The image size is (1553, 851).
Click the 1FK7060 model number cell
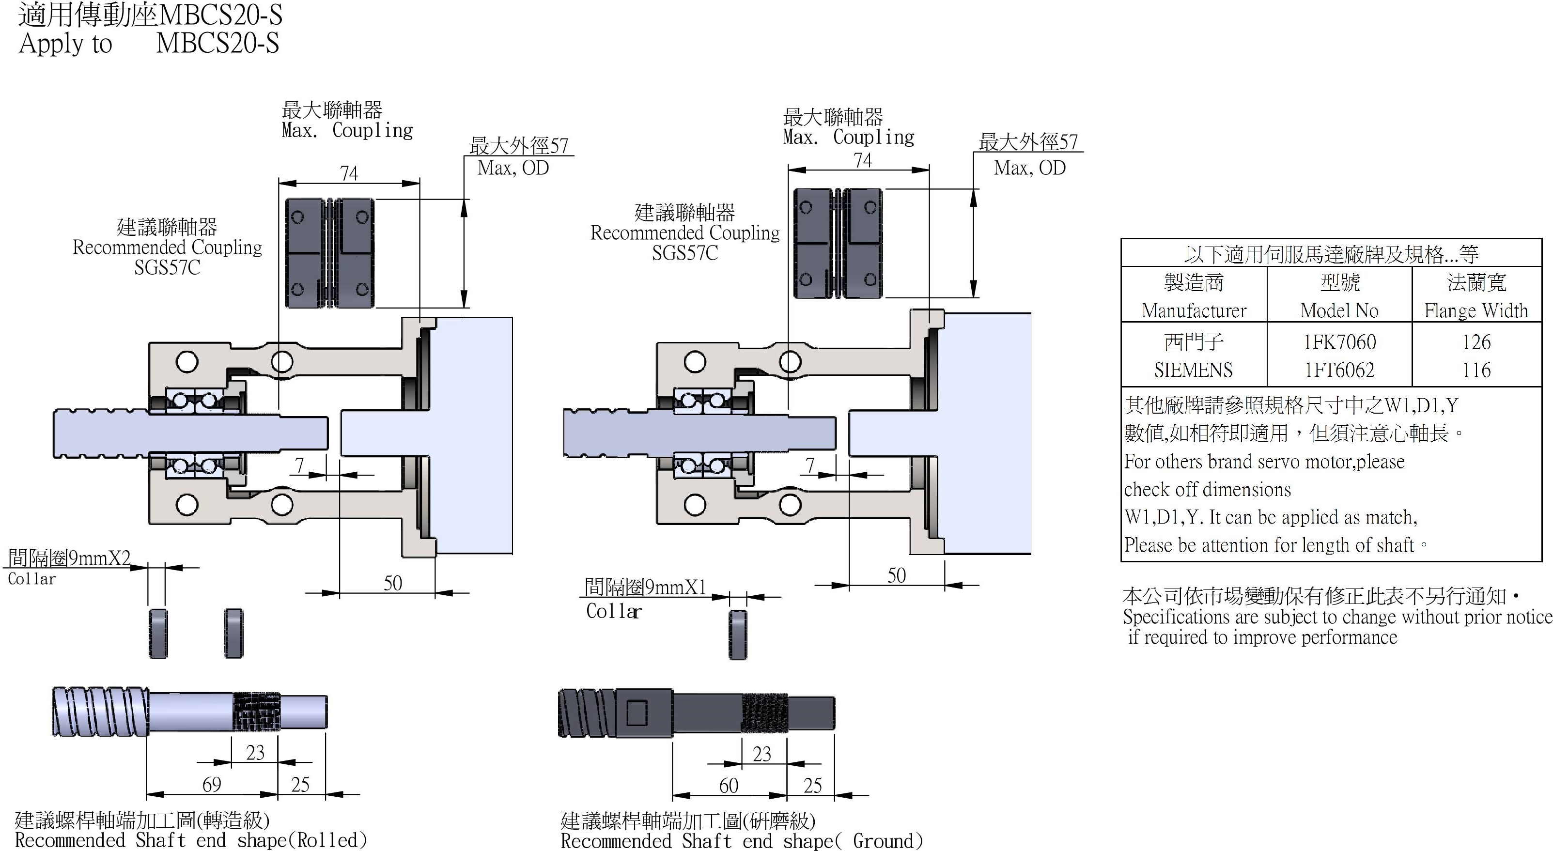(1339, 342)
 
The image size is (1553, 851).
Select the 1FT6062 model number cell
(1339, 370)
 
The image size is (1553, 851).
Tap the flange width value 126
(1476, 342)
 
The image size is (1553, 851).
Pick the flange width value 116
(1476, 370)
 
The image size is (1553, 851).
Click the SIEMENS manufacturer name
(1193, 370)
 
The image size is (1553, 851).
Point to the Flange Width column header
(1476, 310)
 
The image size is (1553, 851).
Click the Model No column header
(1339, 310)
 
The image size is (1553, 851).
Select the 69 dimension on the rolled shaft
(212, 784)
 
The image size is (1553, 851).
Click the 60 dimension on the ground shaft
(728, 785)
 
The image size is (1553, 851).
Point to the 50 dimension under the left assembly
(392, 583)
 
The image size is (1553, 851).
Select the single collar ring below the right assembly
(738, 634)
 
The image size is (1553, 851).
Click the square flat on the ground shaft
(637, 713)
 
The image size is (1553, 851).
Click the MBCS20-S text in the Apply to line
(217, 44)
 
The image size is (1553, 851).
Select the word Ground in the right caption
(885, 841)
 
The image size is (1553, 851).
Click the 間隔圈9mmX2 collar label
(69, 558)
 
